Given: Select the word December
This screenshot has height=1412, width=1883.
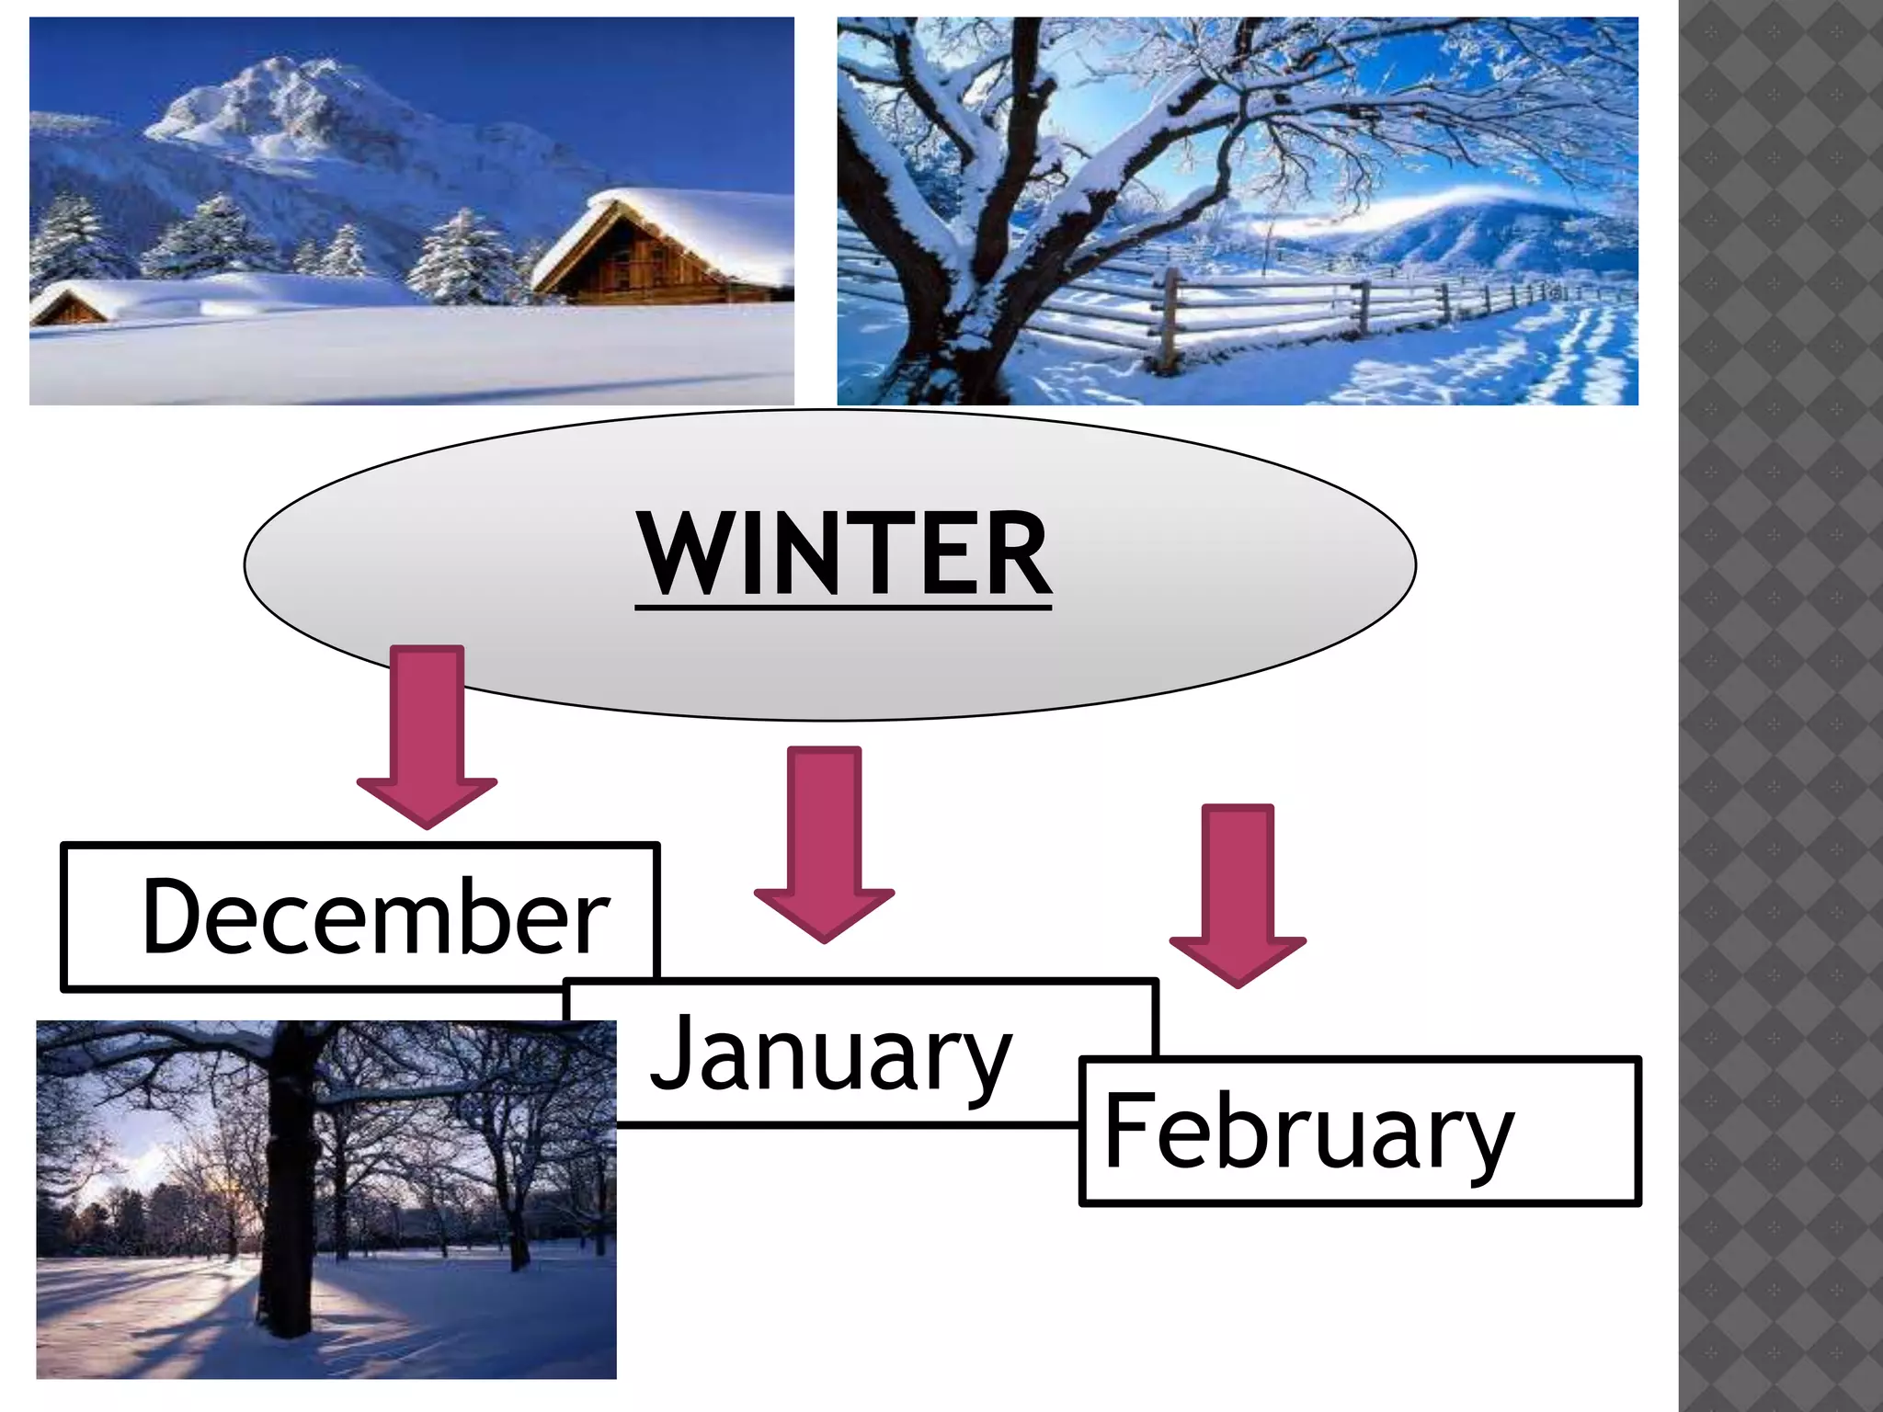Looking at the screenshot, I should (375, 917).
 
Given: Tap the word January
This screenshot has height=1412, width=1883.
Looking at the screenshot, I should (830, 1054).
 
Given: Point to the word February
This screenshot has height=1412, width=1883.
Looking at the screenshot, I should (1308, 1133).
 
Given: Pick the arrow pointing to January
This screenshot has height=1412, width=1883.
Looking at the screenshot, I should (825, 841).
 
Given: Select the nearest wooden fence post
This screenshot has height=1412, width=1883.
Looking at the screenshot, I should (1170, 317).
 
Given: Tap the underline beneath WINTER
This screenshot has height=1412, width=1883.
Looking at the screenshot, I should (843, 606).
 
